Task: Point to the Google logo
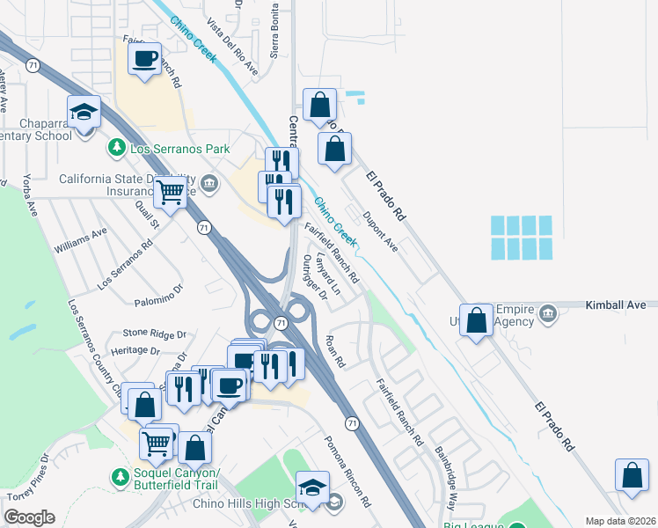point(29,517)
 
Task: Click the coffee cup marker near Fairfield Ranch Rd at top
point(145,59)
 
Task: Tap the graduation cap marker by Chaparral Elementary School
point(84,112)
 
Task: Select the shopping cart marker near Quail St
point(171,189)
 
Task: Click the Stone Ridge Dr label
point(155,334)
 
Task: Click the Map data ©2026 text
point(621,521)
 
